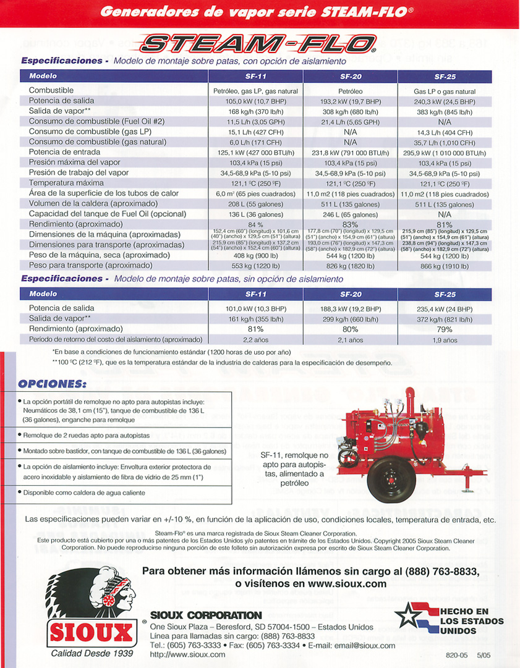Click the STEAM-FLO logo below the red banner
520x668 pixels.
coord(258,43)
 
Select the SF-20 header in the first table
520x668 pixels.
coord(351,77)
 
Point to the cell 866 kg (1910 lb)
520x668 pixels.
coord(445,266)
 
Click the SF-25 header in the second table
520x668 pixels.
coord(445,295)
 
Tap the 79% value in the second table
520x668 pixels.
coord(445,329)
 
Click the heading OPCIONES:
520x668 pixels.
coord(52,384)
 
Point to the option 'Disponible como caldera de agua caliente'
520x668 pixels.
coord(85,493)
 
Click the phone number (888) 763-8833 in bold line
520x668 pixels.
coord(443,572)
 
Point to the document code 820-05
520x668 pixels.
coord(455,655)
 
